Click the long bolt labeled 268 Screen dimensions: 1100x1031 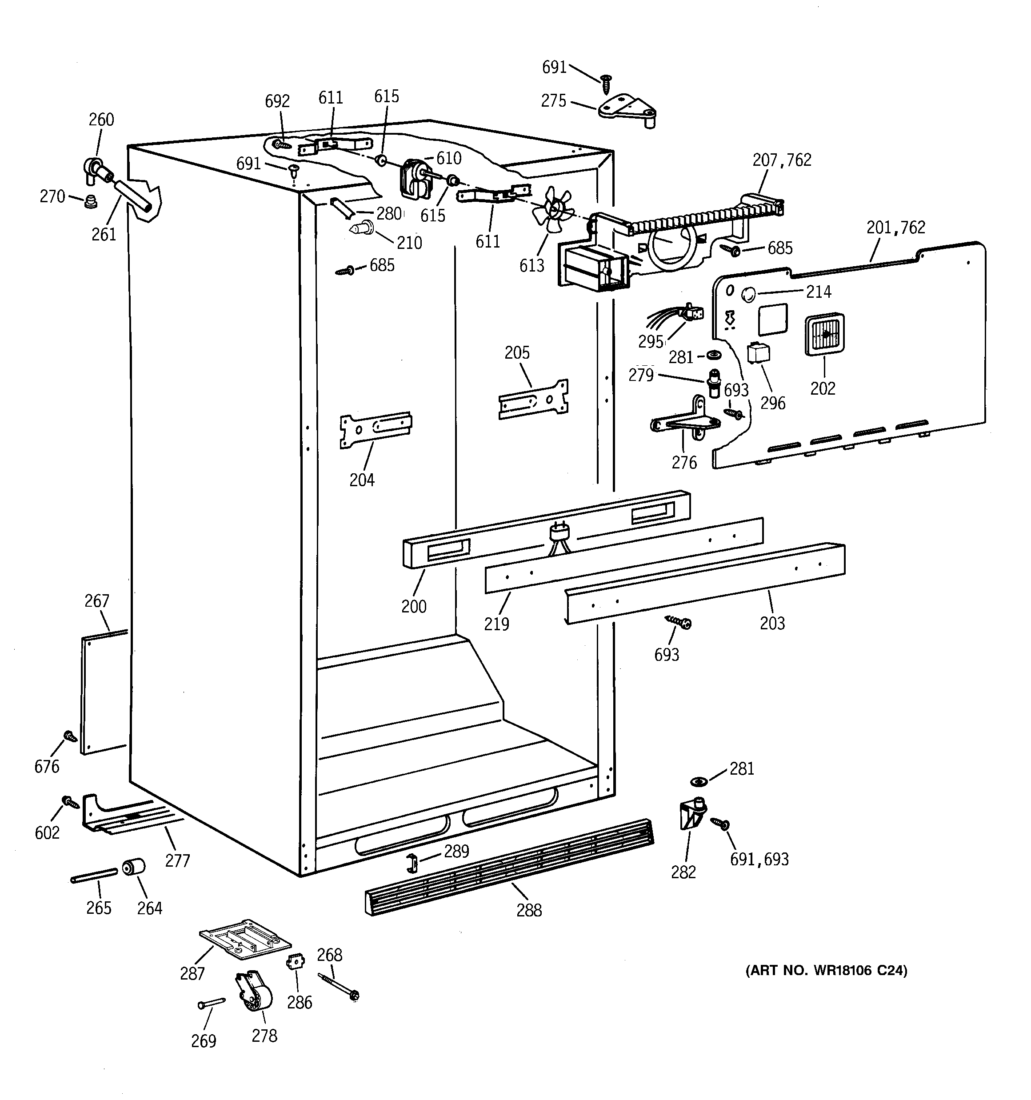(x=338, y=987)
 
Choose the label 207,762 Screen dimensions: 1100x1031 (x=781, y=160)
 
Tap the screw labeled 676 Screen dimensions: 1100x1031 (x=70, y=736)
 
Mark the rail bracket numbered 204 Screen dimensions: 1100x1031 (x=375, y=429)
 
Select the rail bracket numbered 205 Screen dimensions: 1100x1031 (x=533, y=398)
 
